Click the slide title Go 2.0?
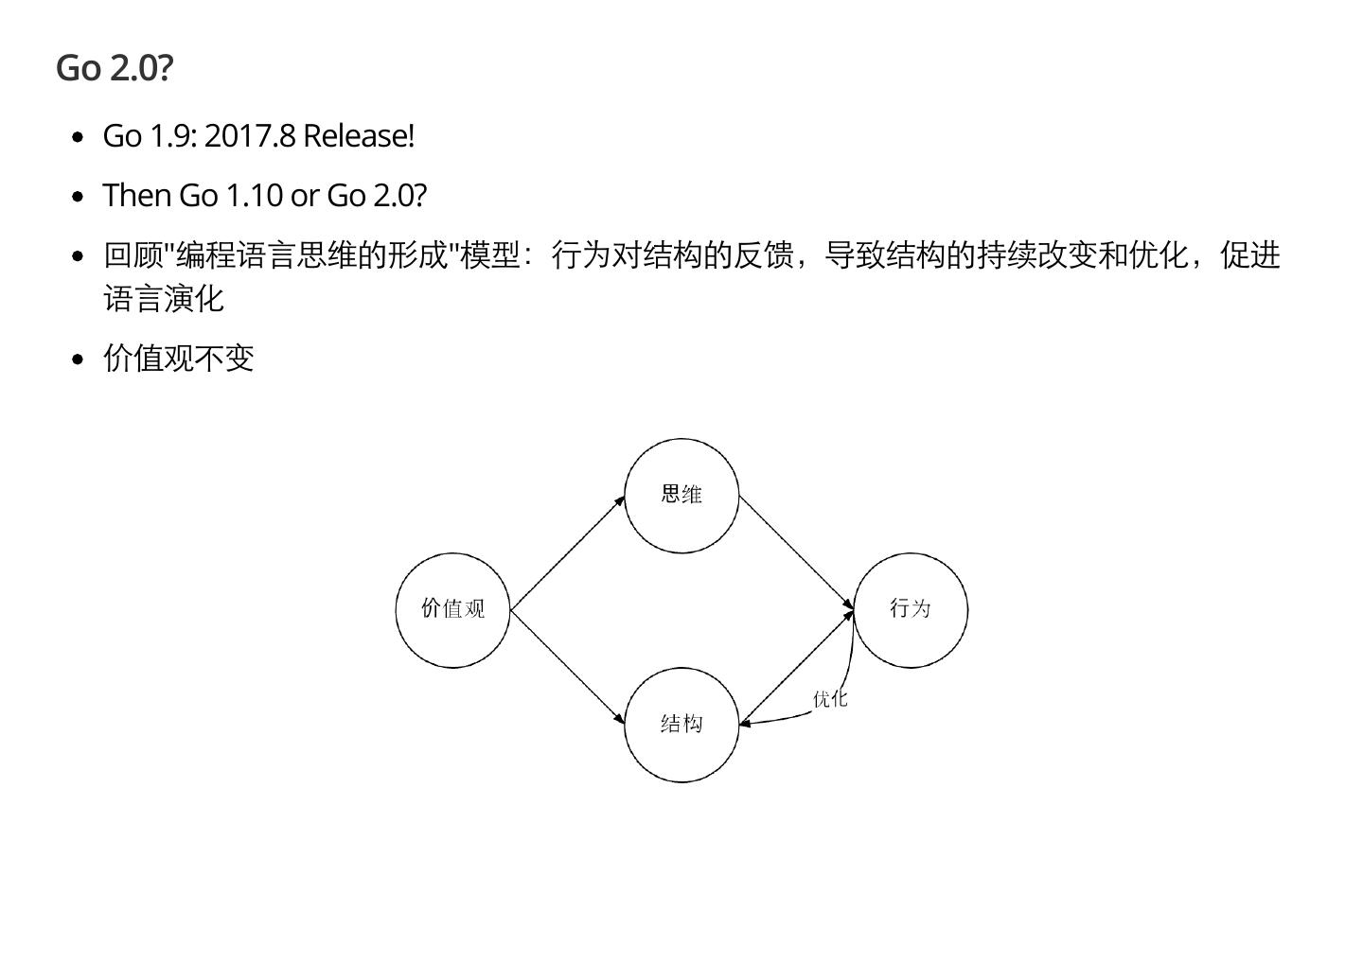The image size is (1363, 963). (115, 68)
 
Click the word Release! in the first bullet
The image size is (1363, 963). (359, 136)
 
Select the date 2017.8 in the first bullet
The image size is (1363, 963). (250, 136)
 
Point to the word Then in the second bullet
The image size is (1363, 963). (137, 195)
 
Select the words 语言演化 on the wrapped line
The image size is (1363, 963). (164, 299)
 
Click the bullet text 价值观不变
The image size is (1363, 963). (179, 359)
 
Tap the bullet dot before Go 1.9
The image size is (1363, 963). (79, 138)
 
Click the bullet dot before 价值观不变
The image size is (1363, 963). (79, 359)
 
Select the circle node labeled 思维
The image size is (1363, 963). (681, 496)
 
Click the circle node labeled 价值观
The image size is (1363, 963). (452, 610)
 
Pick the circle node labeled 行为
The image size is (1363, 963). (911, 610)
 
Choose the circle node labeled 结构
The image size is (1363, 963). (681, 725)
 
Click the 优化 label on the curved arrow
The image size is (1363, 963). (830, 699)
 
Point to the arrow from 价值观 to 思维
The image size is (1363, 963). (567, 553)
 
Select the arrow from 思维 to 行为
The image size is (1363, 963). (796, 553)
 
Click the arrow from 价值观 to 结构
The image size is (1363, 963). (567, 668)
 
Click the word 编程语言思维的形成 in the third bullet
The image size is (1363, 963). (311, 255)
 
